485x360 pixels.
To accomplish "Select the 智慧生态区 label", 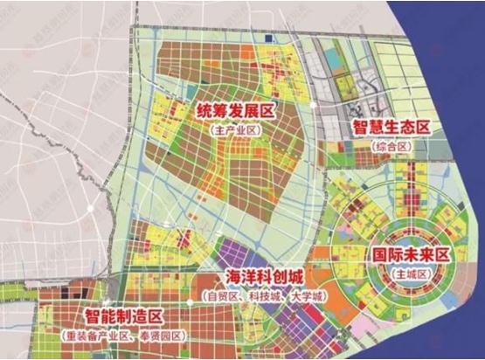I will [x=392, y=128].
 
